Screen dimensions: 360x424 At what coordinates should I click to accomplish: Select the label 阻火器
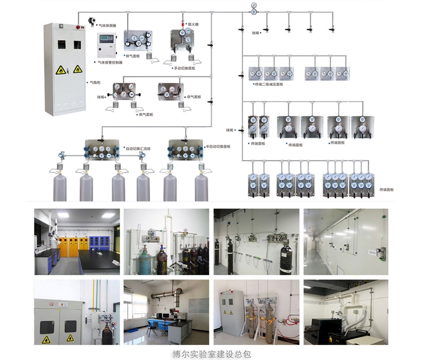tap(193, 25)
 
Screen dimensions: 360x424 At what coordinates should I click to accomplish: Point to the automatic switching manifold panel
tap(102, 150)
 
